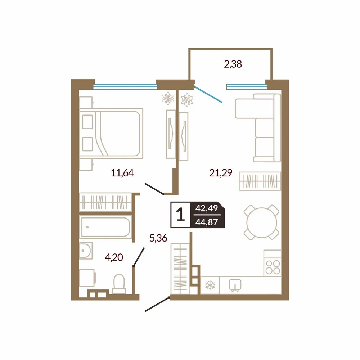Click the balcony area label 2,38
(x=233, y=64)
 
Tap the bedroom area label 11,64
(x=122, y=173)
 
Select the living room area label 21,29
(x=221, y=173)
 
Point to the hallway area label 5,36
(x=158, y=238)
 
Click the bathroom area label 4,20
(x=114, y=257)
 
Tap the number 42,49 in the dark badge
(x=207, y=208)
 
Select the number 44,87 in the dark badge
(x=207, y=222)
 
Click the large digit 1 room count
(x=180, y=215)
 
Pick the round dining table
(x=261, y=222)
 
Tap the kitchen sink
(x=235, y=285)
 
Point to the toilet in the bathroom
(x=119, y=284)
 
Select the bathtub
(x=105, y=227)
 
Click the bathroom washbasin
(x=86, y=251)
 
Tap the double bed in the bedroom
(x=111, y=134)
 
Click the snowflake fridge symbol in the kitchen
(x=210, y=285)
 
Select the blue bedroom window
(x=125, y=86)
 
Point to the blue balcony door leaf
(x=208, y=94)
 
